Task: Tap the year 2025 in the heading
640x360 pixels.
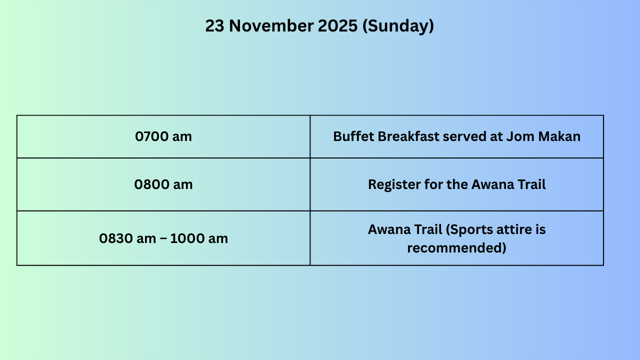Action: click(337, 25)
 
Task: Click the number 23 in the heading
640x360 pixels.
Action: click(214, 25)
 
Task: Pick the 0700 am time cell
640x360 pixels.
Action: click(163, 136)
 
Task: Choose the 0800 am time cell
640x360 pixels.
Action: click(163, 184)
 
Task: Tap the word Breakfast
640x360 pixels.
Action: click(408, 136)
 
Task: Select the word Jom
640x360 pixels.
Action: click(520, 136)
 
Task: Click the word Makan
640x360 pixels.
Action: click(559, 136)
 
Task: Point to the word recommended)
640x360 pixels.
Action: click(456, 248)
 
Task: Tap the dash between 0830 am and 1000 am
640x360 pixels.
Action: click(163, 238)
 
